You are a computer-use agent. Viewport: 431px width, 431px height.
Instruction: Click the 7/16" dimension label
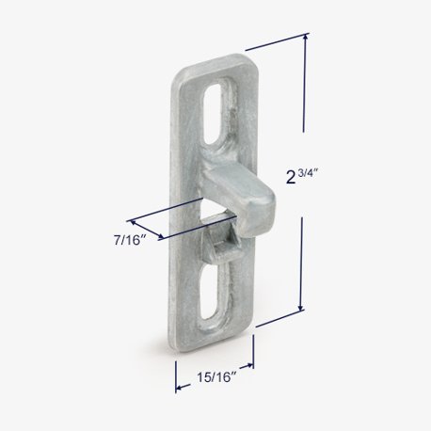pos(130,241)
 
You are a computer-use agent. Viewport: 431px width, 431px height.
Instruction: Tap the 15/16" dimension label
pos(216,376)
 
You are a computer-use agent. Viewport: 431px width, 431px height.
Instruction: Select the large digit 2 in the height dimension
pos(291,178)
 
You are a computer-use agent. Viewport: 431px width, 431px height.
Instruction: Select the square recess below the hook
pos(223,242)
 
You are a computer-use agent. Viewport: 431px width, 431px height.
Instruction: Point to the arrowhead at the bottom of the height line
pos(301,308)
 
